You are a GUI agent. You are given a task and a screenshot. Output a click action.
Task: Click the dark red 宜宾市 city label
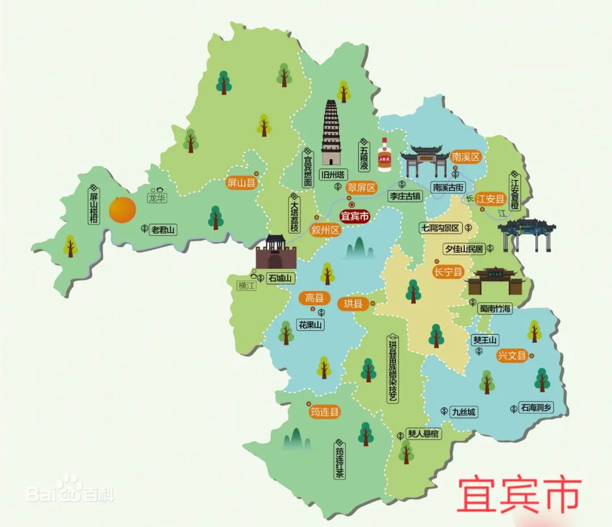pyautogui.click(x=354, y=216)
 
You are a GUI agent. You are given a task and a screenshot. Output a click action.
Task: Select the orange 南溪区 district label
pyautogui.click(x=466, y=157)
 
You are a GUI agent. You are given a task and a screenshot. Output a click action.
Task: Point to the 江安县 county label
pyautogui.click(x=490, y=199)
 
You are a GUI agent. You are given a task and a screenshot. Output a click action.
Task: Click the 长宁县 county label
pyautogui.click(x=448, y=272)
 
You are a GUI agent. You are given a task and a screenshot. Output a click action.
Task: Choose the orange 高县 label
pyautogui.click(x=314, y=298)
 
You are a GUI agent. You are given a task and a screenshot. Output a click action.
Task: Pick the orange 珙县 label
pyautogui.click(x=353, y=303)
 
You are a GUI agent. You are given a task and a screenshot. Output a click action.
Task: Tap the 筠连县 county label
pyautogui.click(x=325, y=412)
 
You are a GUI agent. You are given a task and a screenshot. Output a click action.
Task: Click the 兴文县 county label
pyautogui.click(x=512, y=356)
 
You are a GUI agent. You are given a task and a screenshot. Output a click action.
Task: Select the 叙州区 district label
pyautogui.click(x=325, y=230)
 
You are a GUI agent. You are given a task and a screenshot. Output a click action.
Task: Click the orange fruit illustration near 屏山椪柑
pyautogui.click(x=122, y=209)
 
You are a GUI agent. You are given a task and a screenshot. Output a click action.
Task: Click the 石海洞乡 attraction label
pyautogui.click(x=536, y=407)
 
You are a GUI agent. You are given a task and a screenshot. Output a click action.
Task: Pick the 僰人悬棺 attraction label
pyautogui.click(x=423, y=434)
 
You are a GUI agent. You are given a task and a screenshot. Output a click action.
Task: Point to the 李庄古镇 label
pyautogui.click(x=405, y=196)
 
